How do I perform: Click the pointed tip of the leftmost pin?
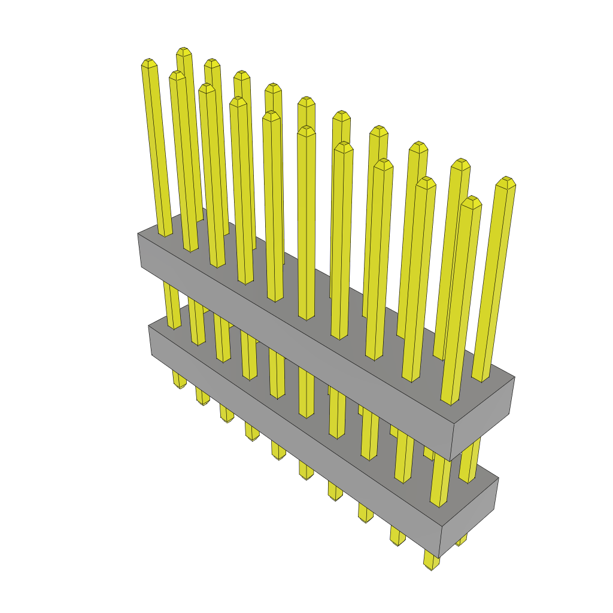(x=148, y=62)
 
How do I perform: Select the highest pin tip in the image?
(x=184, y=51)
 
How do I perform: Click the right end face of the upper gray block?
(x=482, y=419)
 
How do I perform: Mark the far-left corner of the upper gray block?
(x=138, y=234)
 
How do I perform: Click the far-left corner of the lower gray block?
(x=149, y=327)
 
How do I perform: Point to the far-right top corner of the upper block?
(x=514, y=378)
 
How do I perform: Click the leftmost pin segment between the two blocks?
(x=172, y=305)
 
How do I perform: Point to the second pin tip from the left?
(x=177, y=74)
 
